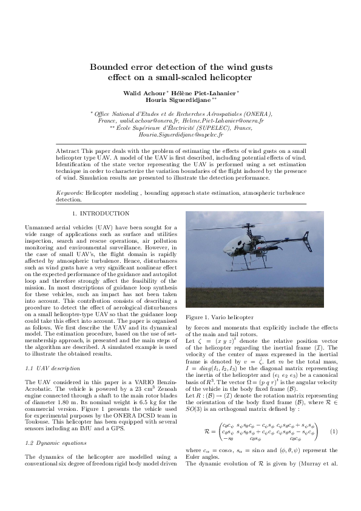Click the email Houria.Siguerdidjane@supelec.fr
pos(180,134)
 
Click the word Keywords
pos(69,191)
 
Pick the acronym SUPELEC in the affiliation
pos(217,127)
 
